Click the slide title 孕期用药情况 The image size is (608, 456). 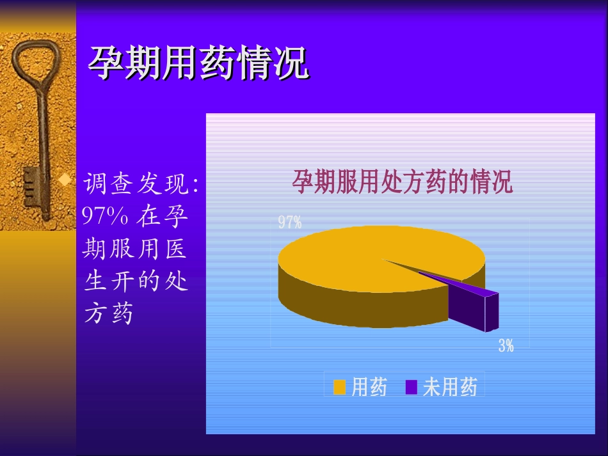(x=198, y=63)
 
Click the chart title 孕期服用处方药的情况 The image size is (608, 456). (x=403, y=182)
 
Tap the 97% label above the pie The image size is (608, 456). (x=290, y=223)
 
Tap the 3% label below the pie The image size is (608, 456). (x=506, y=346)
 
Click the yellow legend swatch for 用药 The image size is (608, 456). (x=339, y=388)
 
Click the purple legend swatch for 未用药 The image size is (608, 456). (x=411, y=388)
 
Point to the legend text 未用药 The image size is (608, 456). (x=451, y=388)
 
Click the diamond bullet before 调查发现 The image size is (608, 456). (x=64, y=181)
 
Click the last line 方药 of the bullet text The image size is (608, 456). (x=109, y=313)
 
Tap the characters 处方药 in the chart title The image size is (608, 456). (x=418, y=182)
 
